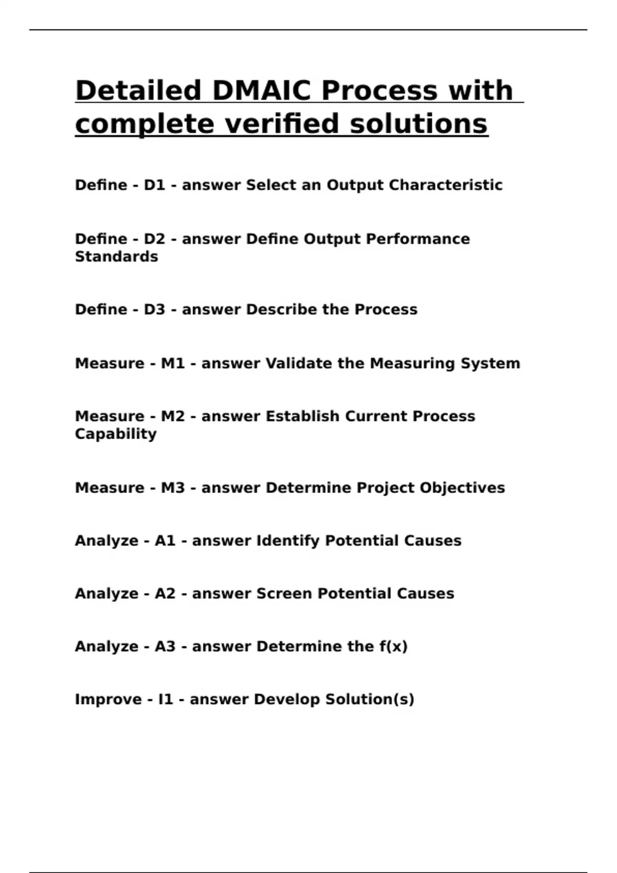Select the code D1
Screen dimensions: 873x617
click(x=154, y=185)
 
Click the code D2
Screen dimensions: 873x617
click(x=154, y=239)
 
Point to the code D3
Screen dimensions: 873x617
click(x=154, y=309)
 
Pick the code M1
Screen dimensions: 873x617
click(x=173, y=363)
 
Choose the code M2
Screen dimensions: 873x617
click(x=173, y=416)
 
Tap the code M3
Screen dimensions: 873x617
click(x=173, y=487)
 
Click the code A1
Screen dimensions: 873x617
click(x=165, y=540)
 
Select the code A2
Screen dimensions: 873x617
click(x=165, y=593)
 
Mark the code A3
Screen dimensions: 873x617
click(x=165, y=646)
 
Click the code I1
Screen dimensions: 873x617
click(x=166, y=699)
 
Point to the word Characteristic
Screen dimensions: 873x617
click(x=445, y=185)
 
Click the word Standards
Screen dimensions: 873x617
click(x=117, y=256)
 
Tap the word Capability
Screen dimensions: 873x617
click(x=116, y=433)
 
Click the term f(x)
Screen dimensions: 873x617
click(x=393, y=646)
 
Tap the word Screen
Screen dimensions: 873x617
click(x=284, y=593)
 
